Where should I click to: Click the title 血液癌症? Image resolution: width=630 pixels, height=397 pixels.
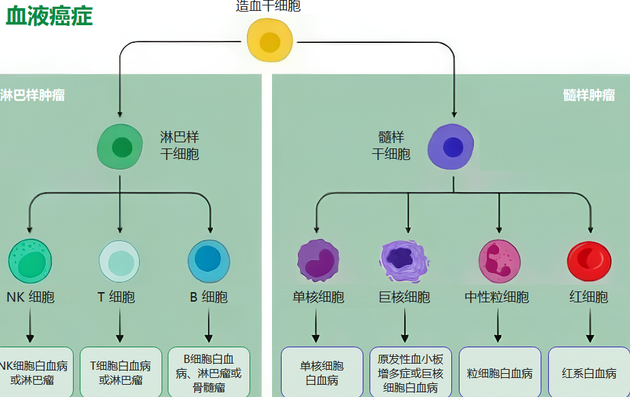49,16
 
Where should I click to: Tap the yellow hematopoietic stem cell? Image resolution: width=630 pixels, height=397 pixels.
270,41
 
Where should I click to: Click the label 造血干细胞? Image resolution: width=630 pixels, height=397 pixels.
268,6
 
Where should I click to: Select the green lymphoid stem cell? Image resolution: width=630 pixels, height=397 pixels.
121,146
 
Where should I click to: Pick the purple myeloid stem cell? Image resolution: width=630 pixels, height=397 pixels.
451,146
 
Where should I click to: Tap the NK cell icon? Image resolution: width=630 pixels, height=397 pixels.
30,260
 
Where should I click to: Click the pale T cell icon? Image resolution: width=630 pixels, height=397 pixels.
120,261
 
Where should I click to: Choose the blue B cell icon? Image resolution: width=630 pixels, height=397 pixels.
209,260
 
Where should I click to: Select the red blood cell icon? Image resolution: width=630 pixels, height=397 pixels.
589,260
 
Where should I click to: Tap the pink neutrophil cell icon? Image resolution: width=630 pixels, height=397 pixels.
499,260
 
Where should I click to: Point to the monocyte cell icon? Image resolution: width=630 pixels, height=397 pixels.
318,260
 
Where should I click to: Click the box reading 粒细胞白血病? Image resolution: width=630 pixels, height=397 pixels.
499,373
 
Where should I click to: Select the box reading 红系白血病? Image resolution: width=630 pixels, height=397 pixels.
589,373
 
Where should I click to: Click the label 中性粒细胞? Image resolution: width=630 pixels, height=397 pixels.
497,297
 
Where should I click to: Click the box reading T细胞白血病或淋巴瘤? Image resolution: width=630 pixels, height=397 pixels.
120,372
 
